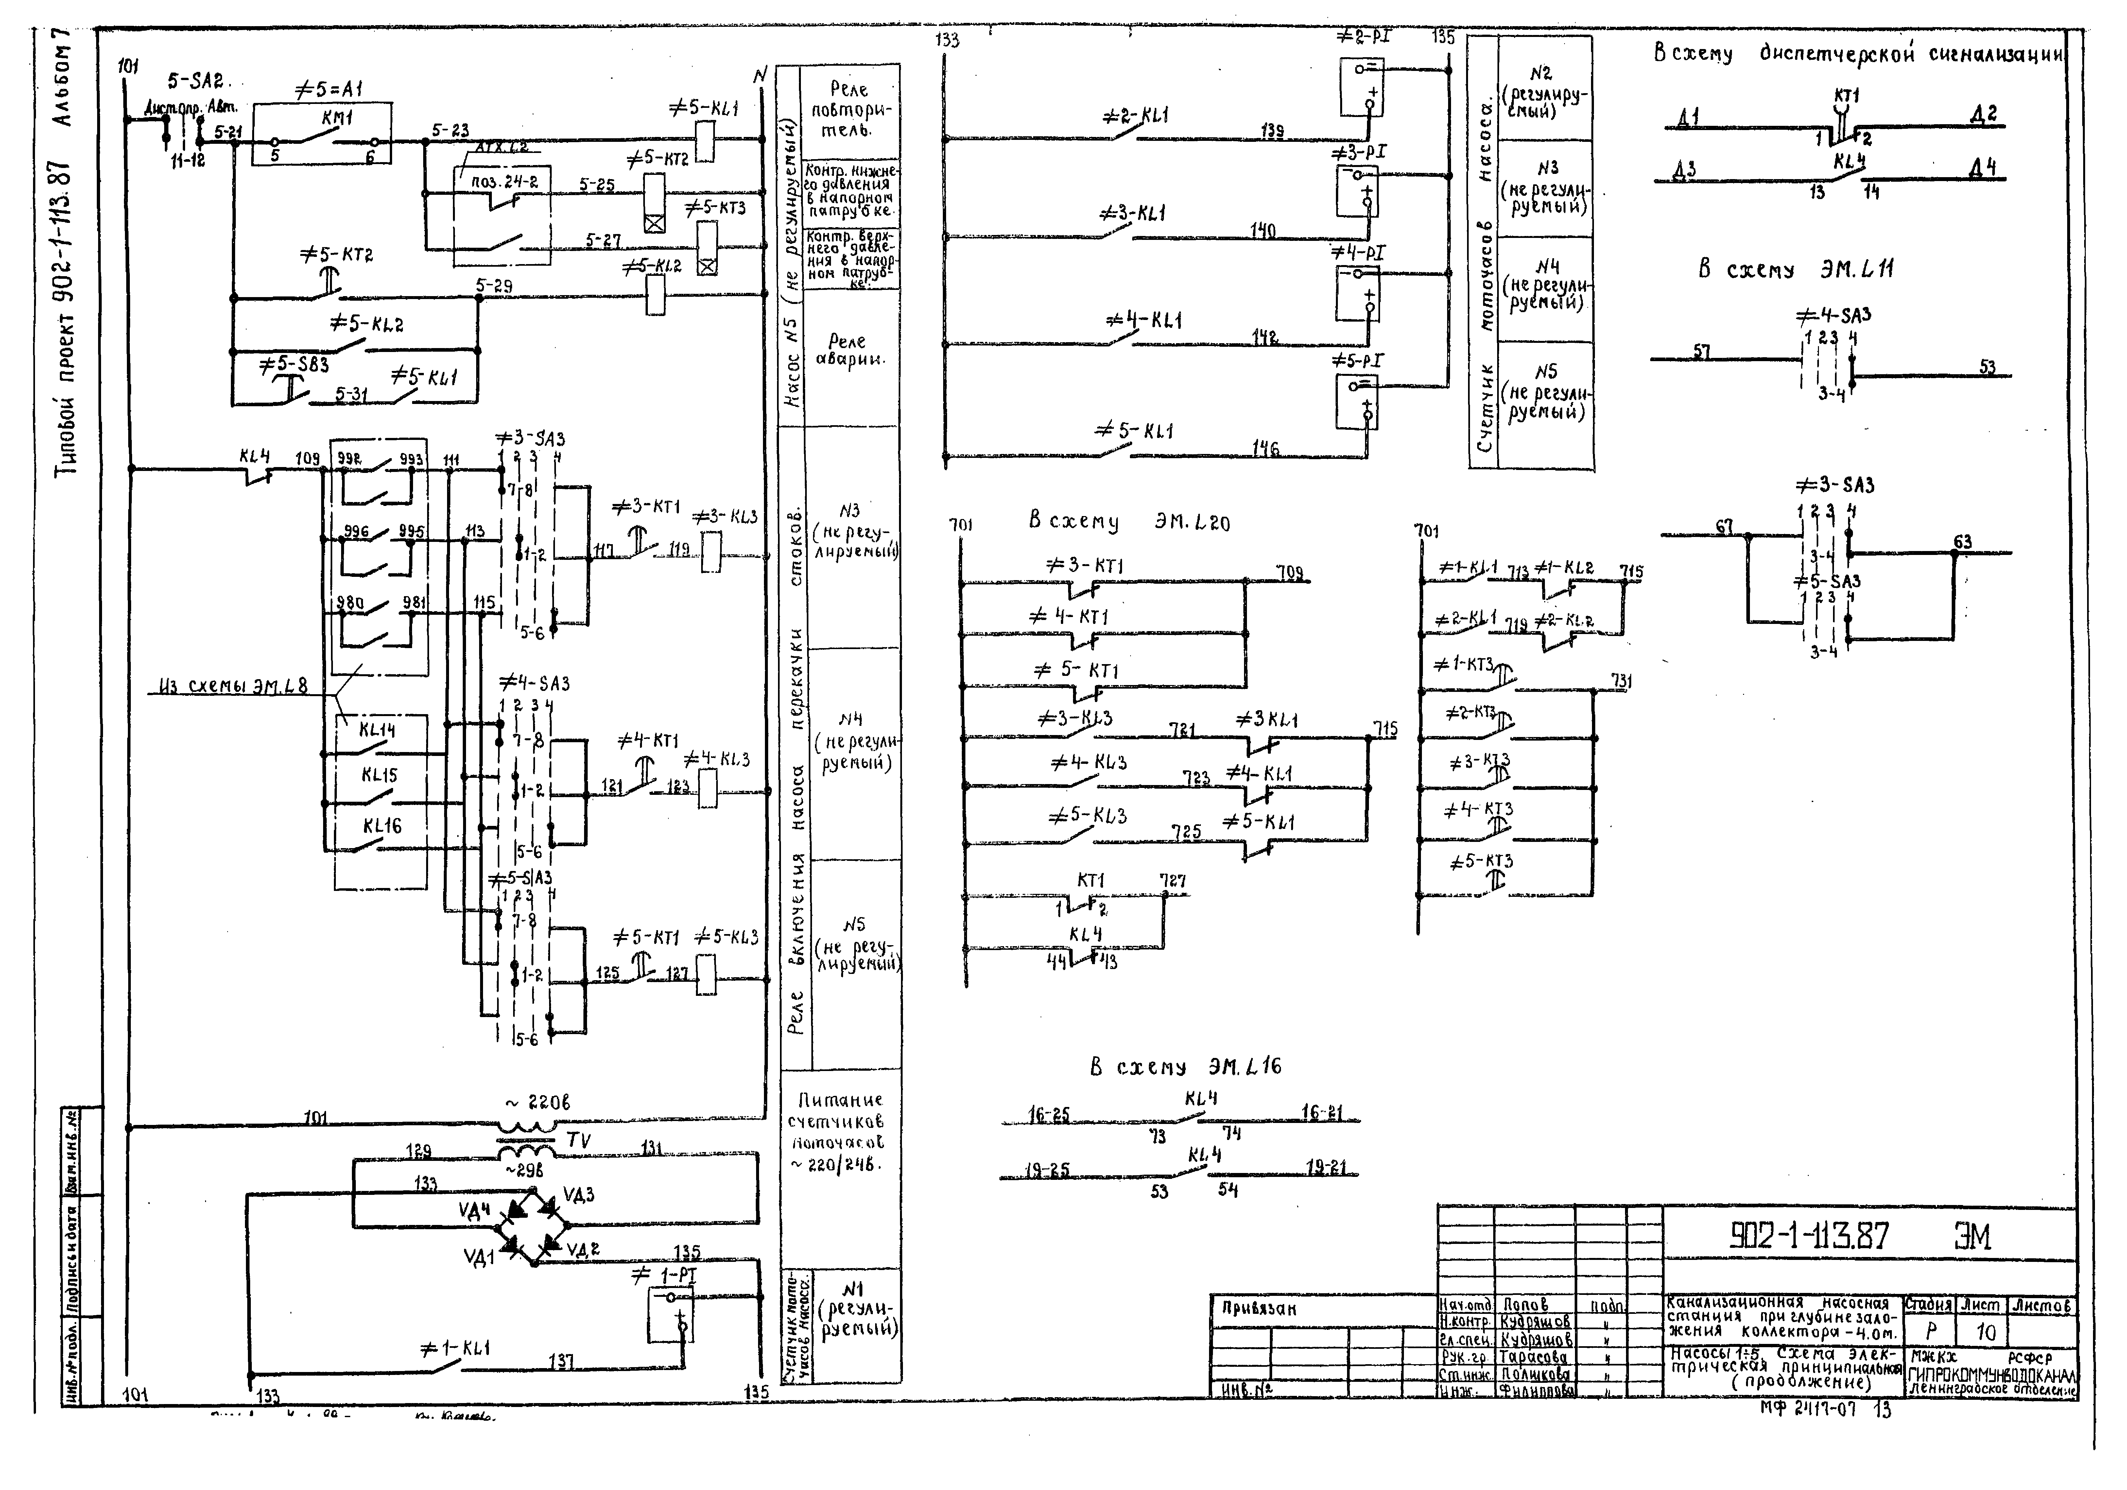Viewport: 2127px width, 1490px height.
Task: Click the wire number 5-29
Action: tap(494, 286)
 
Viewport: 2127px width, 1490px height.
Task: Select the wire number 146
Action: tap(1266, 449)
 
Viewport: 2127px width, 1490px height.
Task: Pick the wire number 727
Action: tap(1173, 881)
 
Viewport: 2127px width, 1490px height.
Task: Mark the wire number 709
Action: tap(1290, 573)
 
